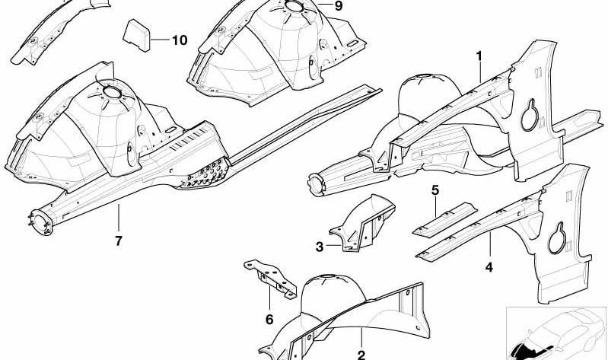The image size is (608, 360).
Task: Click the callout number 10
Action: (x=180, y=40)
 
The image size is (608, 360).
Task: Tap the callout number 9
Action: (x=339, y=6)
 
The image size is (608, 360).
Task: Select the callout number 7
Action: (x=119, y=241)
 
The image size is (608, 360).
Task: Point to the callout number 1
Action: (x=479, y=56)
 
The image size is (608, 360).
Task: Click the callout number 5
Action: (x=435, y=190)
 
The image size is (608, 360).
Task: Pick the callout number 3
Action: (x=320, y=247)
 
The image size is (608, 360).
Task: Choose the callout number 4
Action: (x=489, y=267)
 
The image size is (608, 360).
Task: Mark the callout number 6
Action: (x=269, y=320)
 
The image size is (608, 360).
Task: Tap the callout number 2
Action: (x=361, y=355)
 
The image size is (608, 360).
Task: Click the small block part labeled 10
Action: (x=136, y=36)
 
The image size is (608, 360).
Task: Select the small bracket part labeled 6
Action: (x=270, y=279)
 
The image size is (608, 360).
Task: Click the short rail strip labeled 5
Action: (x=444, y=219)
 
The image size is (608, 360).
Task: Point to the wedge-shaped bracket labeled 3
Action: (x=362, y=223)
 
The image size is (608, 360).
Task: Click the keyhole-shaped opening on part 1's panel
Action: (x=530, y=116)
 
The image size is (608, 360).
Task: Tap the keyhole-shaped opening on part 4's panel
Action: (x=557, y=239)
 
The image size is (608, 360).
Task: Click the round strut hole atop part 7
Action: (x=113, y=93)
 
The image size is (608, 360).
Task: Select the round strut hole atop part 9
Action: (x=294, y=6)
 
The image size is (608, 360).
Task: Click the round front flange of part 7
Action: (x=41, y=223)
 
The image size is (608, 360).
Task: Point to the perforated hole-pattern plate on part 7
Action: (x=205, y=175)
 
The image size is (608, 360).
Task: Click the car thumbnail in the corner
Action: (x=557, y=333)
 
